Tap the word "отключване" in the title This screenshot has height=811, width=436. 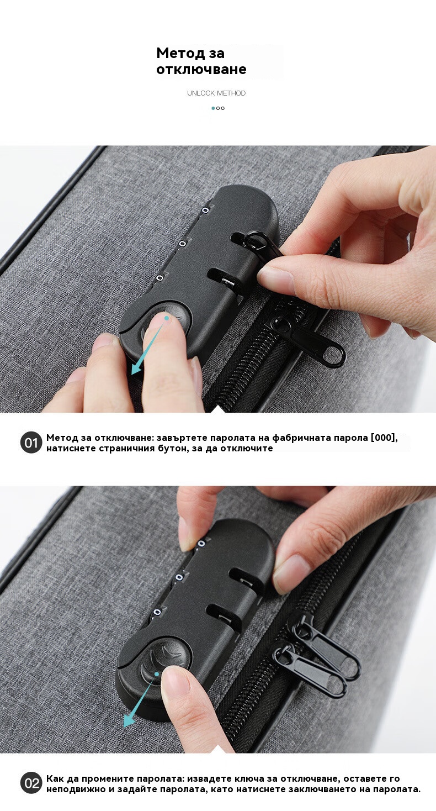click(x=201, y=69)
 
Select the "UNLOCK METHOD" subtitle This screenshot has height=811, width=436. click(x=216, y=93)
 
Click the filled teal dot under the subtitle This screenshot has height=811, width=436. click(x=213, y=108)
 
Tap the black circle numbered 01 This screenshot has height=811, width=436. click(x=31, y=443)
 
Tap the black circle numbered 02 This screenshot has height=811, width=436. click(x=31, y=783)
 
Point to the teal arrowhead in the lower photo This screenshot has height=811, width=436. click(x=129, y=720)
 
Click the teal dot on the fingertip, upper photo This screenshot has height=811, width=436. click(x=167, y=318)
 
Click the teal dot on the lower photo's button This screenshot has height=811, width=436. click(x=157, y=674)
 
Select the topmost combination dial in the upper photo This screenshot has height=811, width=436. click(x=205, y=210)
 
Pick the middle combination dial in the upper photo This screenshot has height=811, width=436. click(x=183, y=244)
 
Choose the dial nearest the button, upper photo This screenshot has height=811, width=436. click(x=159, y=278)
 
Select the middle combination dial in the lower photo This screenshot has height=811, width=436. click(x=179, y=577)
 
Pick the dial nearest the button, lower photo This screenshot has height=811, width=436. click(x=157, y=612)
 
